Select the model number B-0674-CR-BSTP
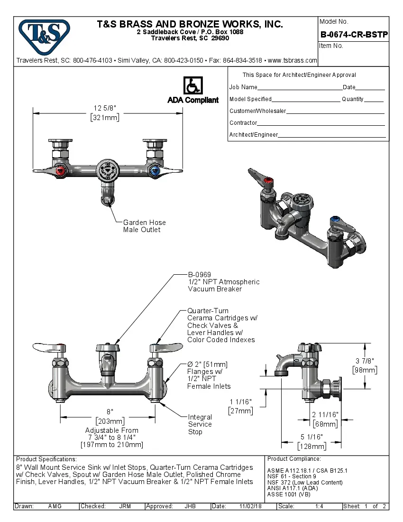(x=354, y=34)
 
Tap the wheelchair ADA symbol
(x=192, y=86)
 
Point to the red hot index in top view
(x=60, y=170)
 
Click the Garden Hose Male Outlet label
(x=145, y=226)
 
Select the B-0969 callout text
(x=199, y=274)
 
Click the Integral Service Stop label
(x=200, y=424)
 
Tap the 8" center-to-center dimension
(x=110, y=412)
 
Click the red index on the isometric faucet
(x=268, y=181)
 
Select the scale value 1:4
(x=319, y=506)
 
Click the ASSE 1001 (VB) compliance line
(x=289, y=494)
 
